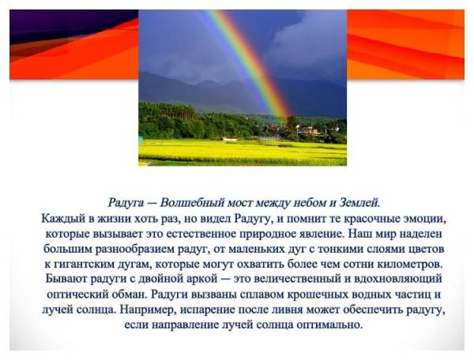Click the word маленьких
click(257, 249)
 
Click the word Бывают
click(66, 278)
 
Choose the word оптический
click(76, 294)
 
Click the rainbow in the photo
click(249, 62)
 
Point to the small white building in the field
click(230, 139)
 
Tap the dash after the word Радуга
click(152, 203)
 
